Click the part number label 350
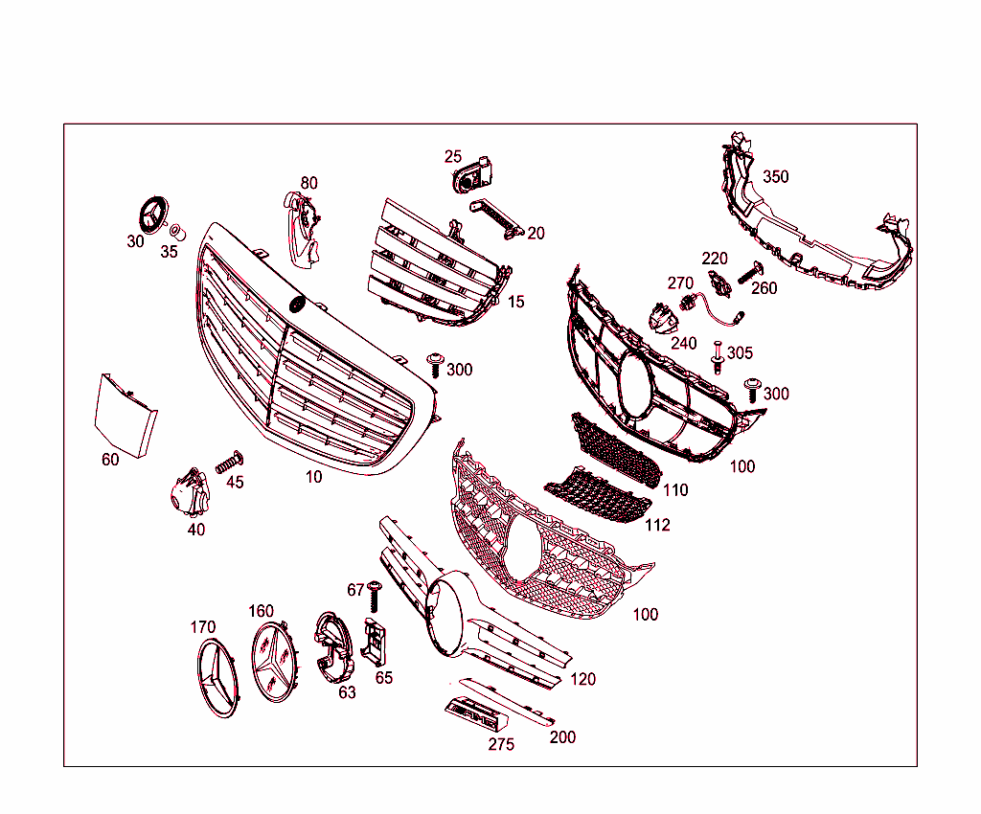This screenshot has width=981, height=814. click(776, 177)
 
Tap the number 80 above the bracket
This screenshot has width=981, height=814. click(308, 183)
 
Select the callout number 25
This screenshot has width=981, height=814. click(453, 157)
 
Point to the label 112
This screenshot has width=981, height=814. click(657, 525)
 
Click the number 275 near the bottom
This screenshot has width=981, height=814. click(501, 744)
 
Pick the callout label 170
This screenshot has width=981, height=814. click(202, 627)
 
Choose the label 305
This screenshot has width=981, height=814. click(740, 352)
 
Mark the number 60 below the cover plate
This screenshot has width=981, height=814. click(110, 460)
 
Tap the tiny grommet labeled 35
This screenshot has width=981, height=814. click(176, 231)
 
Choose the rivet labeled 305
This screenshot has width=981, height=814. click(717, 359)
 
